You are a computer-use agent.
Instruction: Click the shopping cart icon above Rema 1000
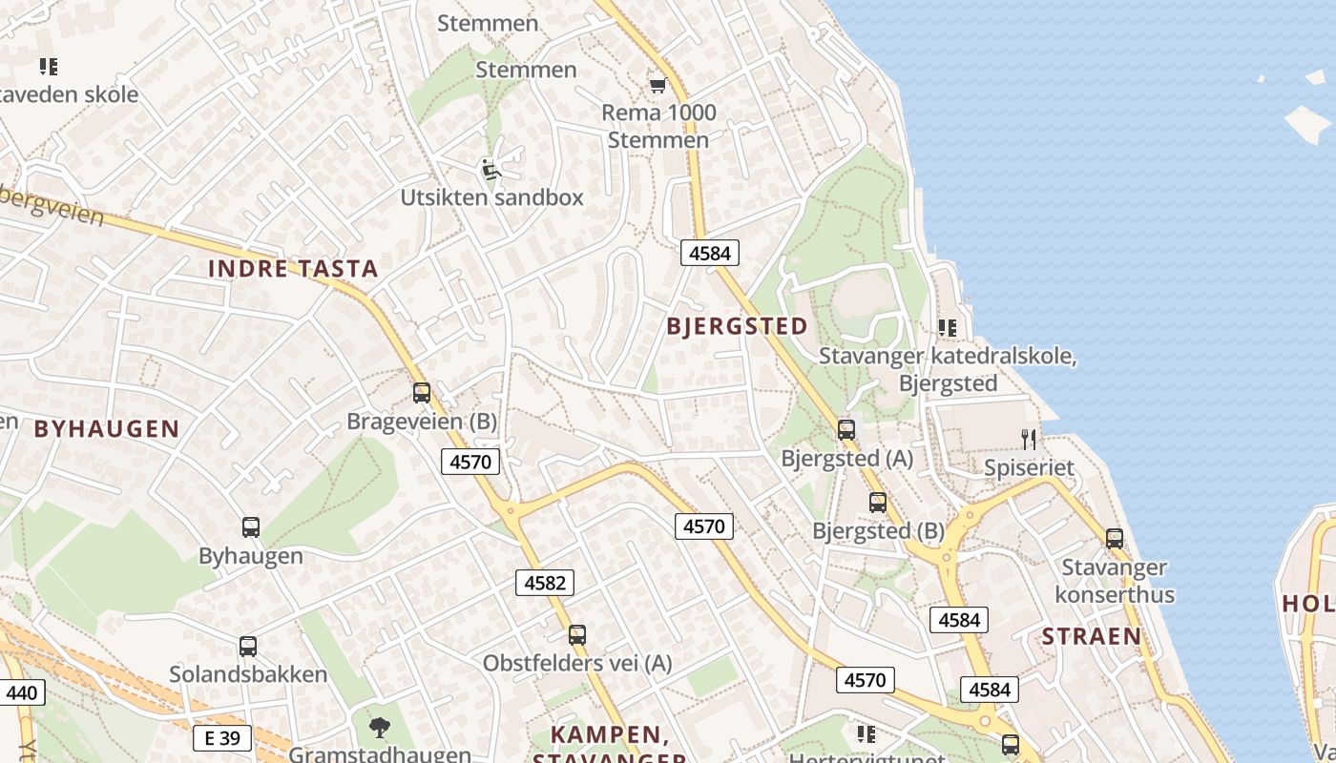click(657, 86)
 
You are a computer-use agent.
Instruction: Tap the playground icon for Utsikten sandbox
click(491, 170)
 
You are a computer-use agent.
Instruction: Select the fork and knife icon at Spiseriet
click(1029, 440)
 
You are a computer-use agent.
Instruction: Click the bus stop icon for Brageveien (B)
click(422, 393)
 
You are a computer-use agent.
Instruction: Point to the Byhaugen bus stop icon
click(251, 527)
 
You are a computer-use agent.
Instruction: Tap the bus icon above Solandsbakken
click(248, 647)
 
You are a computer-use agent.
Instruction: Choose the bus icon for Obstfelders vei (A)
click(577, 635)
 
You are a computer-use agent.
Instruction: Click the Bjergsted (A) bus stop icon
click(846, 430)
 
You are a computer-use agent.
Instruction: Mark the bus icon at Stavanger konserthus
click(1115, 539)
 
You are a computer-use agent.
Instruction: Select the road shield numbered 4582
click(546, 583)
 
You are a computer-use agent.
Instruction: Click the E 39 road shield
click(222, 737)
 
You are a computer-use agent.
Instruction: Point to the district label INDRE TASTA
click(293, 269)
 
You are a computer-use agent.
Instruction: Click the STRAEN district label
click(1091, 636)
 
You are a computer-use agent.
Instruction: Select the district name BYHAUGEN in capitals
click(107, 429)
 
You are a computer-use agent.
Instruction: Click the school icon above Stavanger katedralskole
click(948, 328)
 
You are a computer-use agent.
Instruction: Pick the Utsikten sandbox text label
click(491, 197)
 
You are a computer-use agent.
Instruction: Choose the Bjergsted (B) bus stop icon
click(878, 503)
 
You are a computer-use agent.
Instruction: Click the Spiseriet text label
click(1030, 468)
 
